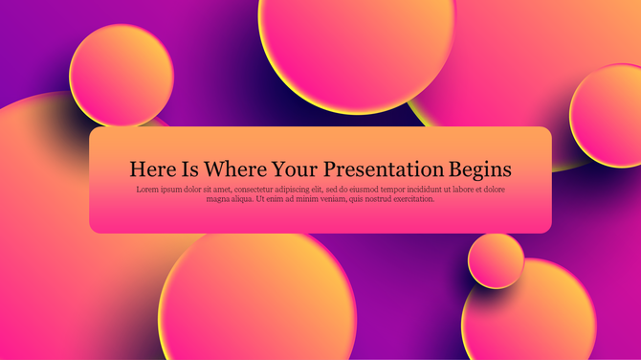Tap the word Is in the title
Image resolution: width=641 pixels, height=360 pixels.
(190, 169)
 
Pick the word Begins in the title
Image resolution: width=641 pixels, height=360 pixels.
(481, 169)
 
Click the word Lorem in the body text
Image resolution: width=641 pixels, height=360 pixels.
(148, 190)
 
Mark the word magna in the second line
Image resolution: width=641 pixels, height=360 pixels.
(219, 199)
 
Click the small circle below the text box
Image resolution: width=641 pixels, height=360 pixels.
(496, 260)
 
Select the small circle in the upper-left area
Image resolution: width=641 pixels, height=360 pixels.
(122, 76)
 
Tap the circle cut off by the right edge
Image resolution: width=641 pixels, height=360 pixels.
(608, 115)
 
